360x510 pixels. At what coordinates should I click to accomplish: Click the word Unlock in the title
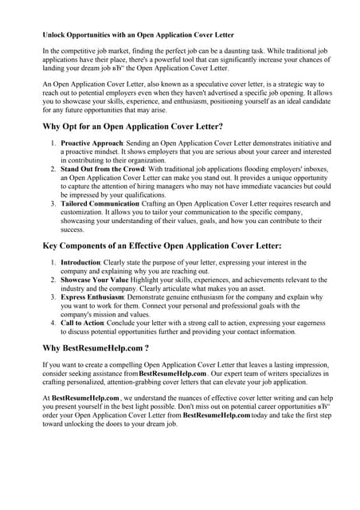point(56,36)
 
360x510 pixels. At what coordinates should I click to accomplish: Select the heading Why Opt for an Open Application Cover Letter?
point(132,127)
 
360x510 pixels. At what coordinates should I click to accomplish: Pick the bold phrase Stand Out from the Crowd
point(99,170)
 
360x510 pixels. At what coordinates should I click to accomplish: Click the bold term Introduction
point(80,262)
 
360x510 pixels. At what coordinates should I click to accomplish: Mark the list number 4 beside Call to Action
point(53,323)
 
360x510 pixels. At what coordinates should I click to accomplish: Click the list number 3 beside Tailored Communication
point(53,205)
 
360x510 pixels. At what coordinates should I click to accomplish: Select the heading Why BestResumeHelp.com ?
point(99,348)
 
